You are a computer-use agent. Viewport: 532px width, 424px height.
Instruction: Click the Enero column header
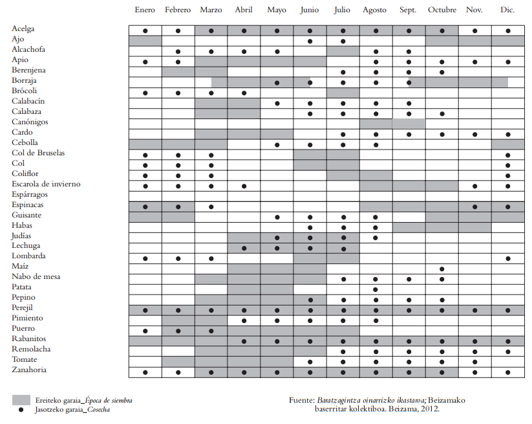click(x=145, y=10)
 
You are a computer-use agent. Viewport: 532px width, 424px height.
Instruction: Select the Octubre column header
click(x=442, y=10)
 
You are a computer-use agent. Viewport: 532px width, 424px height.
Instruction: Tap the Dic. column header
click(x=507, y=10)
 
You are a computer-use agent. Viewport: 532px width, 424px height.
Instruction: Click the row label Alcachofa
click(x=28, y=50)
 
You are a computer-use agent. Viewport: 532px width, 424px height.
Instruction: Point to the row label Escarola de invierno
click(x=46, y=184)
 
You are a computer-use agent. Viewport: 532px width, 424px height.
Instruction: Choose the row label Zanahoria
click(x=28, y=370)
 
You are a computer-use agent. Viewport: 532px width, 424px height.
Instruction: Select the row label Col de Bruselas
click(x=38, y=153)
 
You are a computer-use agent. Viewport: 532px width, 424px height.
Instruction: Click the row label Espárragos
click(x=30, y=195)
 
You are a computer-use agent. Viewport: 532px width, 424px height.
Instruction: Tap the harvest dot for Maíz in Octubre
click(x=442, y=269)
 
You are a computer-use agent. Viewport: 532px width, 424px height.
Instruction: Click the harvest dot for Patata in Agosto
click(x=376, y=289)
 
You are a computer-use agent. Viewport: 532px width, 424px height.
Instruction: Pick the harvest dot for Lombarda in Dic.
click(x=508, y=258)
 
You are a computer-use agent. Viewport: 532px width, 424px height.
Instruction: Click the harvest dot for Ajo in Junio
click(x=310, y=41)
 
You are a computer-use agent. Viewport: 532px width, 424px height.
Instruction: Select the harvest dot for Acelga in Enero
click(x=145, y=31)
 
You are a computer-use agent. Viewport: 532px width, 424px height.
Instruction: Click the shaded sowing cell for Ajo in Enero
click(x=145, y=41)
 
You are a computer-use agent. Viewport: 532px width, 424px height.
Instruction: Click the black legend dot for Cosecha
click(x=21, y=410)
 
